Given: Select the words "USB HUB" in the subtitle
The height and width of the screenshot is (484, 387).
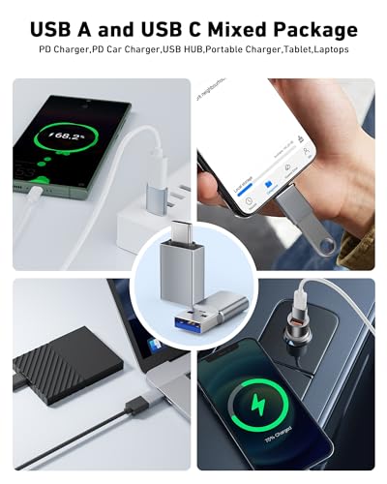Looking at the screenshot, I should (184, 49).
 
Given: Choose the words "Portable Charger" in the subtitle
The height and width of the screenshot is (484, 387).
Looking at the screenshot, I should (235, 49).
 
